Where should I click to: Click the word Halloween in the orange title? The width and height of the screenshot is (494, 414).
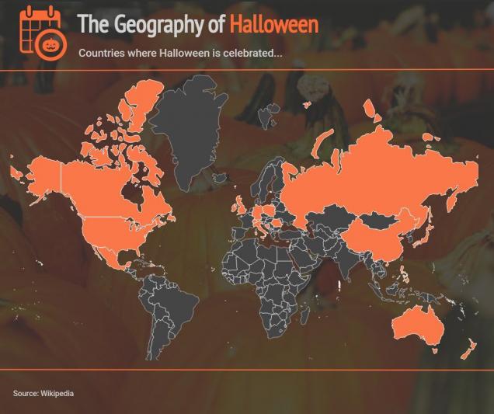click(273, 24)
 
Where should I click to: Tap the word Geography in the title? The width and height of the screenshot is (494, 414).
click(158, 25)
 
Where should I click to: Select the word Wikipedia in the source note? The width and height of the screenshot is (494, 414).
click(57, 394)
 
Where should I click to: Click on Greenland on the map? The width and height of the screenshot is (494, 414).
click(194, 124)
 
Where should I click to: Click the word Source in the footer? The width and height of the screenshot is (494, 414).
click(25, 394)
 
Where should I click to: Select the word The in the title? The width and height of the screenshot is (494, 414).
click(92, 25)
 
